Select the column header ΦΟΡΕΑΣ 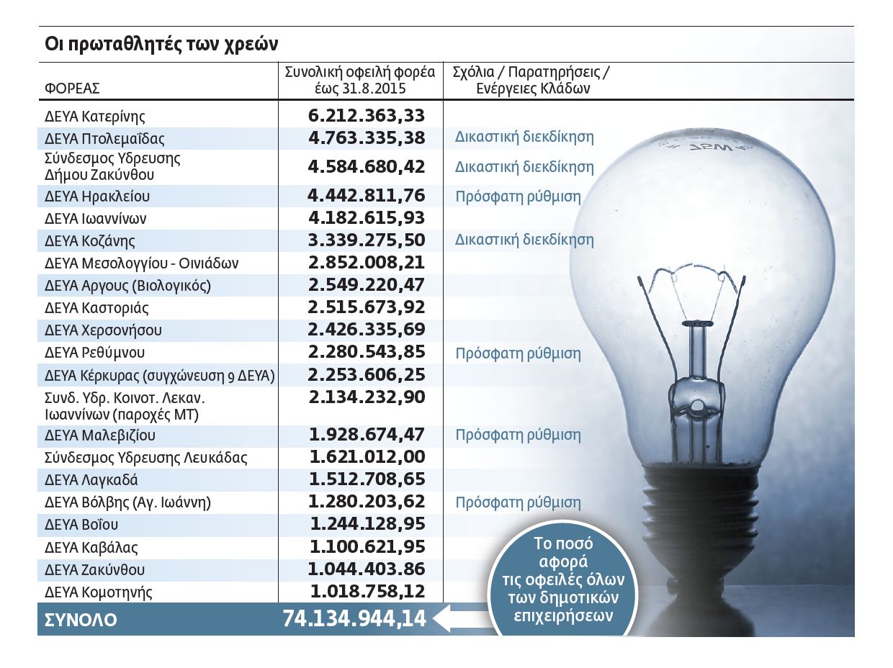[72, 89]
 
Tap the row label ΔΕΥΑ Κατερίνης [95, 116]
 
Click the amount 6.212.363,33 [366, 115]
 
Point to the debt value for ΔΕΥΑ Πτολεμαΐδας [366, 137]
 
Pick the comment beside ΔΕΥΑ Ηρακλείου [518, 197]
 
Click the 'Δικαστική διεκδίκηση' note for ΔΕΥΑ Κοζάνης [524, 240]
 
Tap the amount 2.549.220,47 [366, 285]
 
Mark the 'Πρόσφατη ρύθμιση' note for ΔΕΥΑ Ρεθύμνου [518, 353]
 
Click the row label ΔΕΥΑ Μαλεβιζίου [100, 435]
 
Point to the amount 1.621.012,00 [367, 457]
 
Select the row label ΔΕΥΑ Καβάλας [91, 547]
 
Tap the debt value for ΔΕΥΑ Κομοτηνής [367, 592]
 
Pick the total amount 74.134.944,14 [354, 619]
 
